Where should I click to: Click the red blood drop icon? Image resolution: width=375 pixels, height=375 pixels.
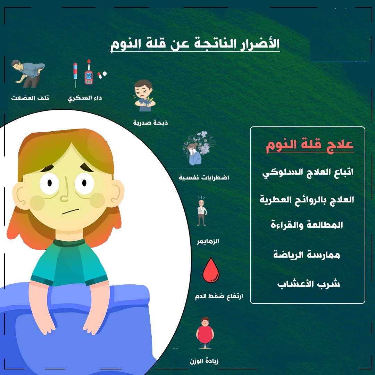pyautogui.click(x=211, y=270)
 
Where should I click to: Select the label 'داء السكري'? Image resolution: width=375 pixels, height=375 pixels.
pyautogui.click(x=84, y=98)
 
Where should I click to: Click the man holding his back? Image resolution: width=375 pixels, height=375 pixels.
pyautogui.click(x=28, y=74)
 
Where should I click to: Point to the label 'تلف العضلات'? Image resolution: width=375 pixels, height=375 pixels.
pyautogui.click(x=30, y=98)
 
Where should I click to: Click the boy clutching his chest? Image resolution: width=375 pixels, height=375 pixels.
pyautogui.click(x=144, y=95)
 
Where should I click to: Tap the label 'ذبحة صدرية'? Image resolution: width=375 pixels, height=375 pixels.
pyautogui.click(x=150, y=123)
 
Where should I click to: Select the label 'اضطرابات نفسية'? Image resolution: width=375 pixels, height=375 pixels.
pyautogui.click(x=204, y=177)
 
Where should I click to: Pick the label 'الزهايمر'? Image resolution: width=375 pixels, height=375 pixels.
pyautogui.click(x=208, y=241)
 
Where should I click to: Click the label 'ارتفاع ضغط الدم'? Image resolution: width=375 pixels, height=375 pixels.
pyautogui.click(x=219, y=296)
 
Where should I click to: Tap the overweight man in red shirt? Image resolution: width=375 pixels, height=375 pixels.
pyautogui.click(x=205, y=333)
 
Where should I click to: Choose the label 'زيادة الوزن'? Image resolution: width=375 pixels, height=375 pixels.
pyautogui.click(x=204, y=361)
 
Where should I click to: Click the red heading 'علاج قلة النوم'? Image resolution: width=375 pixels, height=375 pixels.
pyautogui.click(x=310, y=145)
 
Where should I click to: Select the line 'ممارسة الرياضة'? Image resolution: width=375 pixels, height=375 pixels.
pyautogui.click(x=307, y=255)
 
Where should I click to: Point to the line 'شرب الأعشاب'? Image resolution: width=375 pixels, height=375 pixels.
pyautogui.click(x=309, y=284)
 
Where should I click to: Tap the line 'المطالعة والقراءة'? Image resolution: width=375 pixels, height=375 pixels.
pyautogui.click(x=307, y=225)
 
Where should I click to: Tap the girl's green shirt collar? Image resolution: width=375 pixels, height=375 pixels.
pyautogui.click(x=69, y=242)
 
